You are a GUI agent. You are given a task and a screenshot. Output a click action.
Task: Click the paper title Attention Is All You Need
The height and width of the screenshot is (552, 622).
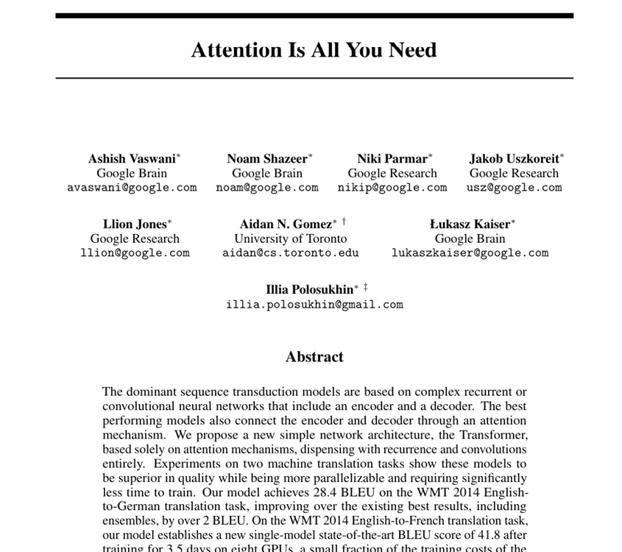(x=314, y=50)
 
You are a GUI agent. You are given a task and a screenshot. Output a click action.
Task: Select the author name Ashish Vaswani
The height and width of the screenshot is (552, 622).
(x=132, y=159)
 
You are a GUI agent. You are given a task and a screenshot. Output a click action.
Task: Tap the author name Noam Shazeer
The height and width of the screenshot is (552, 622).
(x=267, y=159)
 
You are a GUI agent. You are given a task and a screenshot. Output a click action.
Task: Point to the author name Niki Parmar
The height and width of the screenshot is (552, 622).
(x=392, y=159)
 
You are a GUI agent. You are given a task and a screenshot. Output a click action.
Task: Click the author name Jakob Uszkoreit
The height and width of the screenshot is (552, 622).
(x=514, y=159)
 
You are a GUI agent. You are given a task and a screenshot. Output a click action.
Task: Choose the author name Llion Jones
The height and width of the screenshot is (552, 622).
(x=135, y=224)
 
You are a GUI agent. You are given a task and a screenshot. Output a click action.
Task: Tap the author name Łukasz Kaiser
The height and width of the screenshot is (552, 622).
(x=470, y=224)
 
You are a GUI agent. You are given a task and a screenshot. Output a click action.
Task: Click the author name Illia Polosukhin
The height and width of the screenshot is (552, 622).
(x=310, y=290)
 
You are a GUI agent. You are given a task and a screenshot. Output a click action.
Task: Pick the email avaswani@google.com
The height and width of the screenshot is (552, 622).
(x=132, y=188)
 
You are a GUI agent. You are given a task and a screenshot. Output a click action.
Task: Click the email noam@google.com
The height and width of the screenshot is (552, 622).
(x=267, y=188)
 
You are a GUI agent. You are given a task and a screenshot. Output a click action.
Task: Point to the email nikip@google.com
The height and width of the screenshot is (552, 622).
(x=392, y=188)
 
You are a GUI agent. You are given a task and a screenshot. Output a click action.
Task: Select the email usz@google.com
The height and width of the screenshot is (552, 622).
(x=514, y=188)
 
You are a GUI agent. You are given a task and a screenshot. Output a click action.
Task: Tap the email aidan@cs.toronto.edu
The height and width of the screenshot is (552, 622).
(x=291, y=253)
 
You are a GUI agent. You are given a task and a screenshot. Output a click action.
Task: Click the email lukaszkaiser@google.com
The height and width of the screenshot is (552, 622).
(x=470, y=253)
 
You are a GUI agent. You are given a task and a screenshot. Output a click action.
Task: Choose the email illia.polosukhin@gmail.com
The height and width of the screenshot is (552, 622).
(x=314, y=305)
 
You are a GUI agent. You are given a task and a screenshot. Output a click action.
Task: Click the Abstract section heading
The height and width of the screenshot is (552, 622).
(x=314, y=357)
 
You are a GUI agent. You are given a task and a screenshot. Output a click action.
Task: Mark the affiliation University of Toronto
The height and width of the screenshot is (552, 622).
(x=291, y=238)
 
